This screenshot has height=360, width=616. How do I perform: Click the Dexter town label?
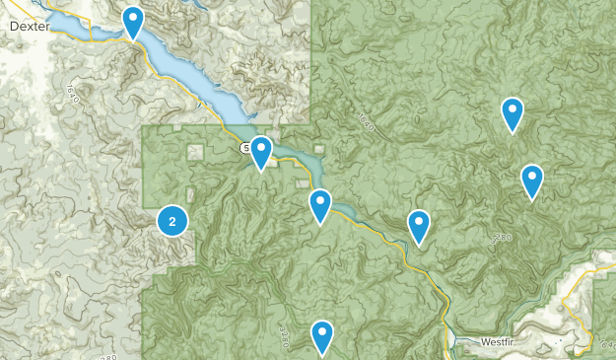29,27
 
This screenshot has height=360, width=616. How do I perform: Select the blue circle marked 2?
172,221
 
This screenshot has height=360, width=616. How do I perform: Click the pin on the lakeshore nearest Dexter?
133,20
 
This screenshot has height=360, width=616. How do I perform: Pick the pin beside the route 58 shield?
261,151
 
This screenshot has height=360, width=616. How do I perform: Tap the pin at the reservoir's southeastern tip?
320,204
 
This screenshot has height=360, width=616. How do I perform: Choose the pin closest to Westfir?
419,226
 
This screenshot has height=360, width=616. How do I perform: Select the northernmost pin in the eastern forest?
512,112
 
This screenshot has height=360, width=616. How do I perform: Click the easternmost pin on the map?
532,180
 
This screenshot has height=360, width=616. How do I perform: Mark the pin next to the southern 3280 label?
322,335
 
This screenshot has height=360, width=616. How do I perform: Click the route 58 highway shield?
244,148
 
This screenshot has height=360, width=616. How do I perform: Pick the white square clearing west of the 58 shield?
195,152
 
